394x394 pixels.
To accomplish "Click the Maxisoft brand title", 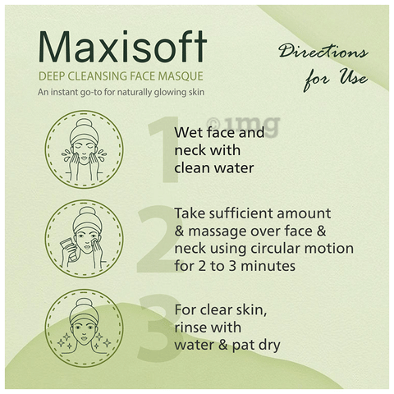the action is (122, 47).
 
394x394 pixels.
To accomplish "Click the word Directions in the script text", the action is (323, 51).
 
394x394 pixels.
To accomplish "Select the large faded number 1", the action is (163, 149).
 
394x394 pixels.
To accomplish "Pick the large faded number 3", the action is (159, 328).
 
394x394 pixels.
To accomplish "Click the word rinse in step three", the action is (190, 328).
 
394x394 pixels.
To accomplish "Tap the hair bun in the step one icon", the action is (84, 126).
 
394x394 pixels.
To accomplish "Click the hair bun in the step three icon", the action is (84, 305).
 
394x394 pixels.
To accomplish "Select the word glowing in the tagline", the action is (170, 93).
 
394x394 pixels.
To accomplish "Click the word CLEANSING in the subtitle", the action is (98, 76).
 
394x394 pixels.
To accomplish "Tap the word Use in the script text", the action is (354, 78).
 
